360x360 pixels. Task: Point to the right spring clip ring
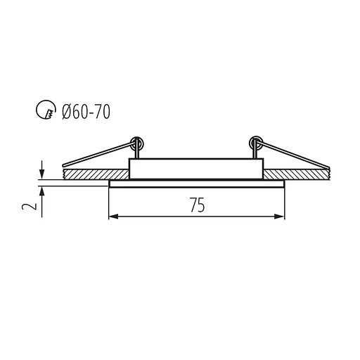(255, 143)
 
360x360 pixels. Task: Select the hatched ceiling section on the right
(299, 172)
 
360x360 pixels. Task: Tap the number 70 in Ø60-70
(102, 110)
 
